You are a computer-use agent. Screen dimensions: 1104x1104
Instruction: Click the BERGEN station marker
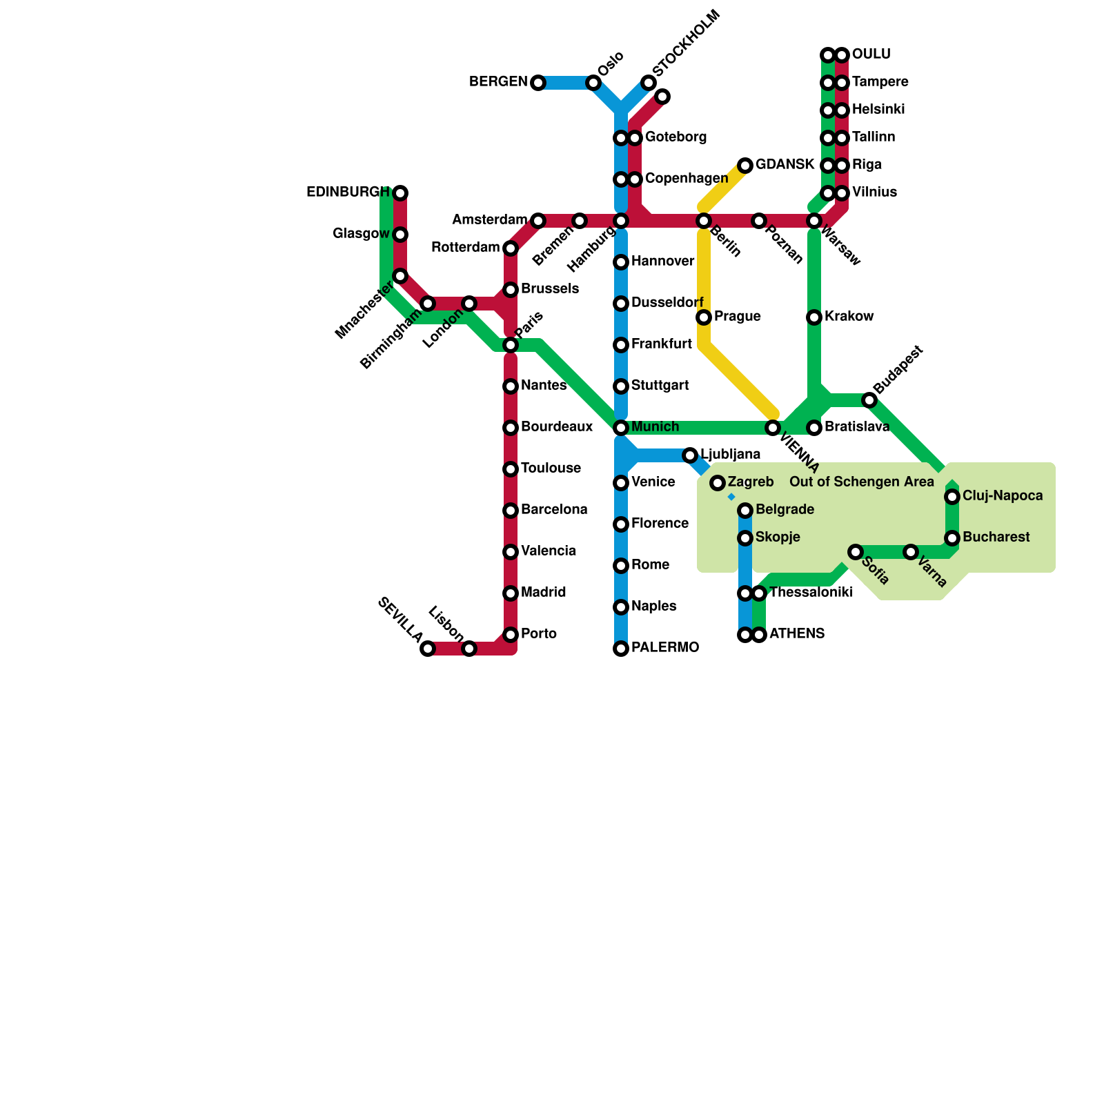538,83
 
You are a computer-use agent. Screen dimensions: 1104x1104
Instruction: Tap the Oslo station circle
593,83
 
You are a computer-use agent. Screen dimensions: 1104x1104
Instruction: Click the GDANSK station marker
745,166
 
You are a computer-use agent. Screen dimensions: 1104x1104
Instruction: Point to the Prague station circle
704,317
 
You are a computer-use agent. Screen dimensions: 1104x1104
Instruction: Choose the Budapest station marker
869,400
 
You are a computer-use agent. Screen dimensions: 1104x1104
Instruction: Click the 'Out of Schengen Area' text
861,482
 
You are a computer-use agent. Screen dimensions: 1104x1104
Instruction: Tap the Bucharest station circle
952,538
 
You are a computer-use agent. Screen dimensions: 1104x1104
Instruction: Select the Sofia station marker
856,552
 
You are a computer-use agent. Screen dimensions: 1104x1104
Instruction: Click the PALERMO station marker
621,649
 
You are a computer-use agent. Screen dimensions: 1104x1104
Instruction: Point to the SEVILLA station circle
428,649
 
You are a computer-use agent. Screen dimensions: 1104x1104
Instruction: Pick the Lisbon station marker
469,649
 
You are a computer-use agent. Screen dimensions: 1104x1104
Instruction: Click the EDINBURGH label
348,192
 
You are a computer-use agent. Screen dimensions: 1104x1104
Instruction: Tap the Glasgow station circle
400,235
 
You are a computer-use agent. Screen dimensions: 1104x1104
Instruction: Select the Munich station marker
621,428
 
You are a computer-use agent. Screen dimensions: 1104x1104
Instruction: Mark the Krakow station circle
814,317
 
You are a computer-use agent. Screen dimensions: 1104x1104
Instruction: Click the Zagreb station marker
718,483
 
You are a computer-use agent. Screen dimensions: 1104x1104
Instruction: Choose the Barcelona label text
554,509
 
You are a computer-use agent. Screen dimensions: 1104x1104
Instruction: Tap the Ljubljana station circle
690,455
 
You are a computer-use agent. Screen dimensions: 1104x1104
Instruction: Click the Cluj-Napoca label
1003,495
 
